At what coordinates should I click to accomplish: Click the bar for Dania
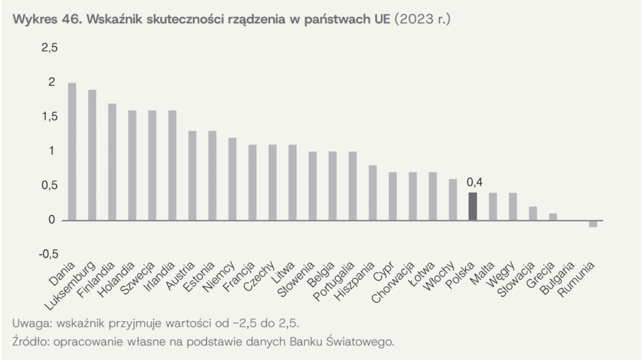tap(72, 151)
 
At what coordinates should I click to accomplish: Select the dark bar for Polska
tap(473, 206)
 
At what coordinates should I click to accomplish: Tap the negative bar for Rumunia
tap(593, 224)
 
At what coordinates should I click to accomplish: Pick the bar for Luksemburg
tap(92, 155)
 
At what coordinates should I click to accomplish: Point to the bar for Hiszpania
tap(372, 193)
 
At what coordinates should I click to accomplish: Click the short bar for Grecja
tap(553, 217)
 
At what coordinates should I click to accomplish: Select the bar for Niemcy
tap(232, 179)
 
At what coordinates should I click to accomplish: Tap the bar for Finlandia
tap(112, 162)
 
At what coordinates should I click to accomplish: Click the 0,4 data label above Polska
tap(474, 182)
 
